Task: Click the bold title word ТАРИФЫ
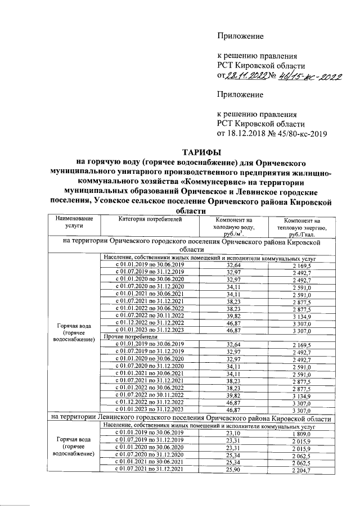(201, 152)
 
